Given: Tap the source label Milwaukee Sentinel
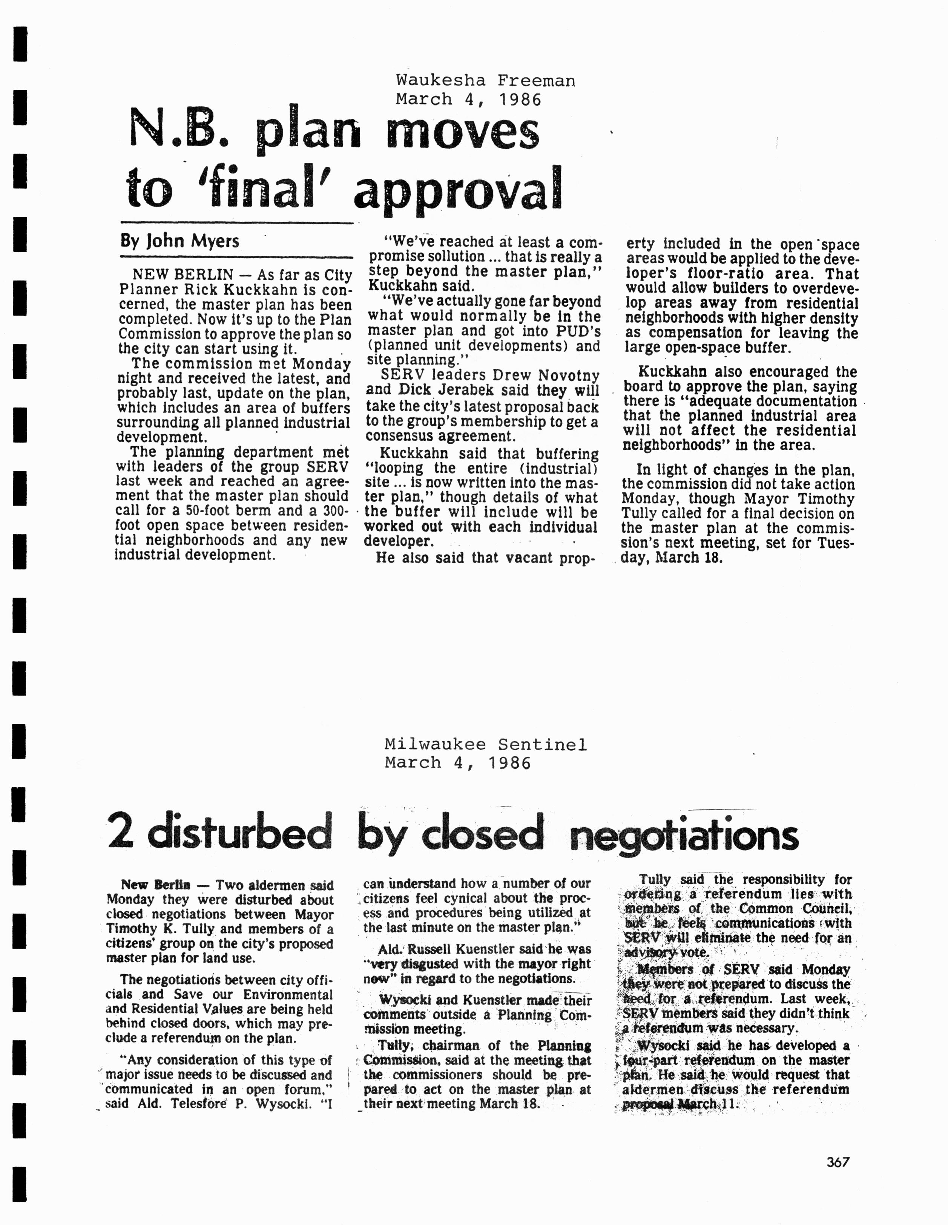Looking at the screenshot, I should [486, 745].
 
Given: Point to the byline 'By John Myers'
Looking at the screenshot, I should [179, 241].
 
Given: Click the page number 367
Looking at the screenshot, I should [838, 1162].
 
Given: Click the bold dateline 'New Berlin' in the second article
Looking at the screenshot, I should [155, 885].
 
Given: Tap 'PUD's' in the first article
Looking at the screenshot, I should [582, 331].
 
